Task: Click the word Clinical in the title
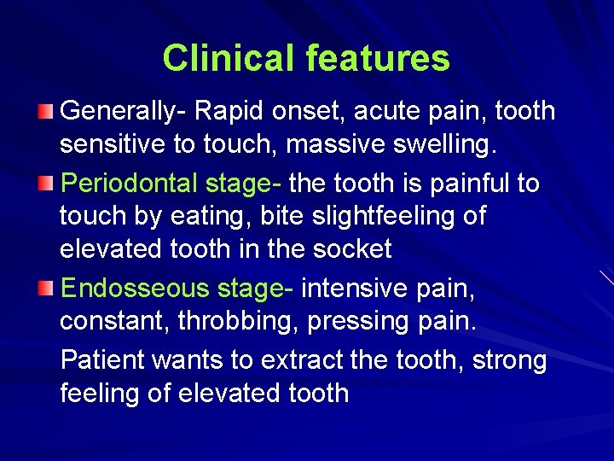[x=228, y=58]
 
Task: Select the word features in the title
[x=377, y=58]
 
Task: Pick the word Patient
[x=101, y=360]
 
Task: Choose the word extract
[x=301, y=360]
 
